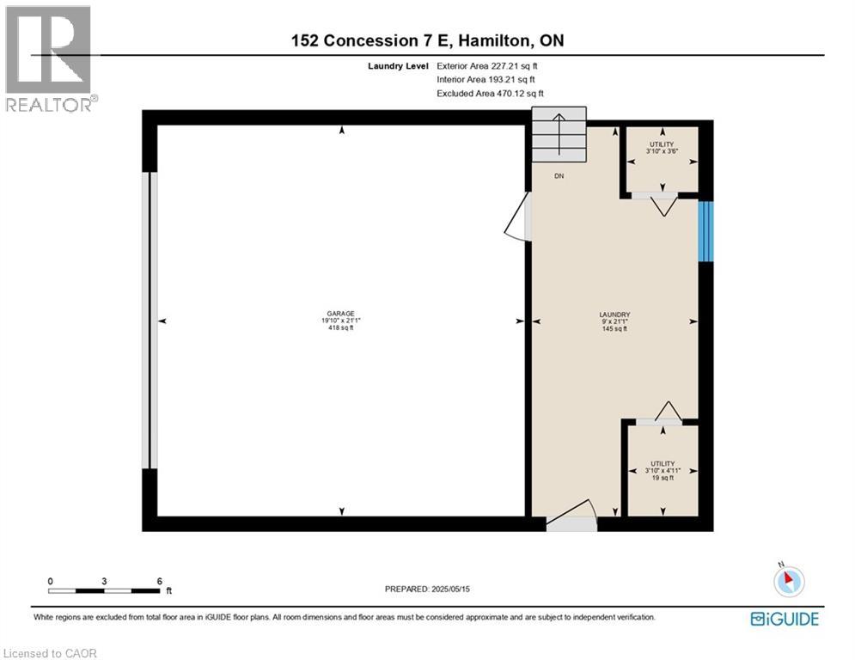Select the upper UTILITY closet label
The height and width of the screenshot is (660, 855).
click(662, 147)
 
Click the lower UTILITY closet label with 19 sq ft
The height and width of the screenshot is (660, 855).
click(662, 470)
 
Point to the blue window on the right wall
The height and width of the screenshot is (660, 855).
click(705, 231)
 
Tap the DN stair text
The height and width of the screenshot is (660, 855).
click(559, 175)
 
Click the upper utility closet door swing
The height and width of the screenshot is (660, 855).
click(663, 205)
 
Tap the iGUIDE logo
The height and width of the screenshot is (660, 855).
click(784, 619)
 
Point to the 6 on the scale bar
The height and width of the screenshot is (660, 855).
click(159, 580)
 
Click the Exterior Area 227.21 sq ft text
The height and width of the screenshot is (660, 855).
click(487, 65)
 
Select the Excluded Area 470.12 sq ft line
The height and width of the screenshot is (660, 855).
click(490, 93)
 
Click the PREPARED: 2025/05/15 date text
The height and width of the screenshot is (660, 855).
click(428, 589)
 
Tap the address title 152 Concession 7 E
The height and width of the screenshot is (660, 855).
click(428, 40)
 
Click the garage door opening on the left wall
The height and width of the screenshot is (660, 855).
click(152, 321)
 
